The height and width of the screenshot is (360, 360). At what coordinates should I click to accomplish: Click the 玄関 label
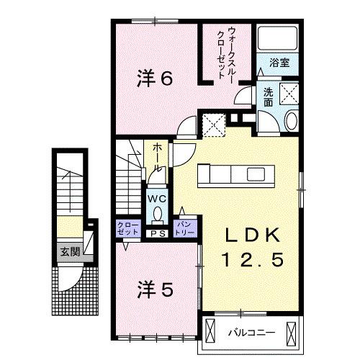tap(70, 251)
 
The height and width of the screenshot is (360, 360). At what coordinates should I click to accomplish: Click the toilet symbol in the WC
tap(158, 215)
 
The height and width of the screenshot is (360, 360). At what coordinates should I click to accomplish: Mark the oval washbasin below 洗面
tap(291, 121)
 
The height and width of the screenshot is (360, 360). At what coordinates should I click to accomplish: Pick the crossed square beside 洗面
tap(290, 94)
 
